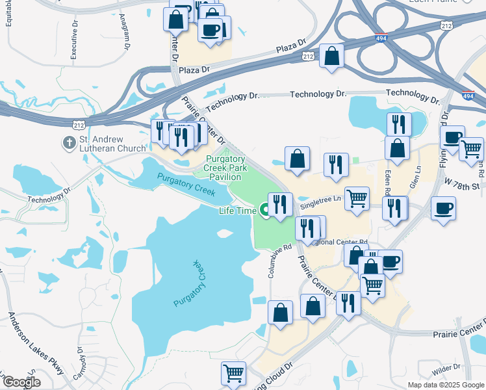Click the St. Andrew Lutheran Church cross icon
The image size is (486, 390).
69,142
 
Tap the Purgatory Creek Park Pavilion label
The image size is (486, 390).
225,168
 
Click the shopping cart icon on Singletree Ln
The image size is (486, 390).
357,198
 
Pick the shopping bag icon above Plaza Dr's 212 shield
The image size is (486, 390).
331,56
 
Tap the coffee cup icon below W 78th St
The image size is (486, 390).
443,209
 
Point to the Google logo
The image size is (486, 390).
21,382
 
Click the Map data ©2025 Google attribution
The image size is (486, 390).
445,385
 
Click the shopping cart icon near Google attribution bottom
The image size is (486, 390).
233,372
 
